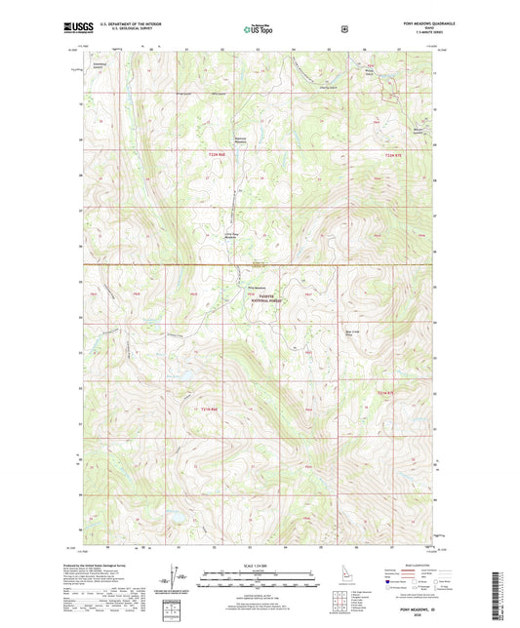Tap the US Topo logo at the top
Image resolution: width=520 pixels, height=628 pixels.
tap(259, 30)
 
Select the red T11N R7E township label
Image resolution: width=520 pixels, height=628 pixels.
tap(387, 392)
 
